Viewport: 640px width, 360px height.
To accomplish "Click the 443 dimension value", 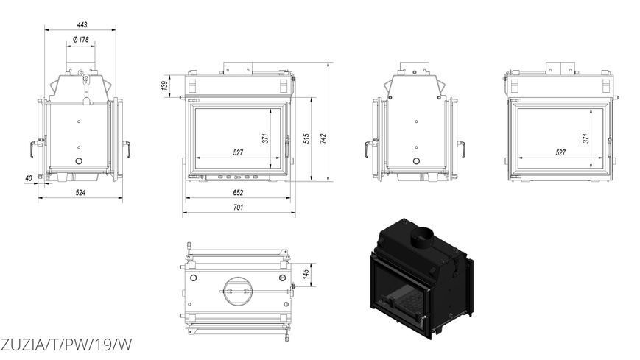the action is (82, 25).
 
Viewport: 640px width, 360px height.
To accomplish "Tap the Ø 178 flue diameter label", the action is (81, 40).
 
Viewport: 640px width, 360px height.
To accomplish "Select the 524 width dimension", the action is (80, 193).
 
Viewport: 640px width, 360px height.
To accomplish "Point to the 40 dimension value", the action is (29, 178).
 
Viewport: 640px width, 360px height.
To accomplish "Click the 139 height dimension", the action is (164, 85).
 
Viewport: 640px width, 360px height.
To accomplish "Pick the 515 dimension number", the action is (306, 138).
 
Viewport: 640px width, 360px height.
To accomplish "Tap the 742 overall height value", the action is (323, 138).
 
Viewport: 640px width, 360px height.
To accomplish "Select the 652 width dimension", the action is (238, 193).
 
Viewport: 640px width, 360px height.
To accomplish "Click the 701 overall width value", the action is (238, 208).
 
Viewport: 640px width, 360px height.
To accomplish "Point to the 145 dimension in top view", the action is (306, 275).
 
